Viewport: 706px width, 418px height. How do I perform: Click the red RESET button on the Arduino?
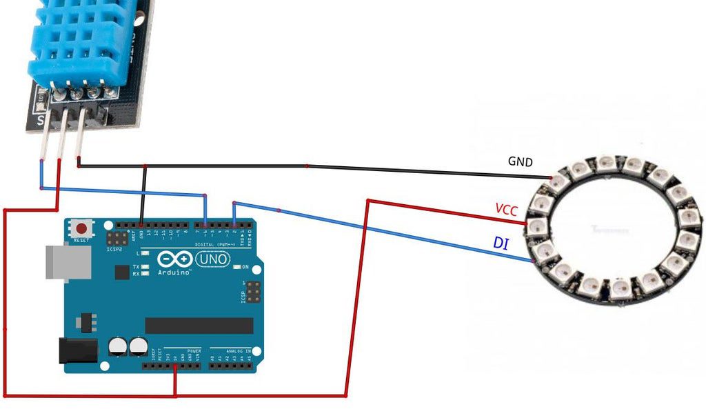point(83,228)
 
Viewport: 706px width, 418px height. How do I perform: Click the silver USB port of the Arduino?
point(68,262)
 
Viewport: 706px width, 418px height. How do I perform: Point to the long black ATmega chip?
point(199,326)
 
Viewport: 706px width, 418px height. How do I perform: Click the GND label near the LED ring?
point(520,161)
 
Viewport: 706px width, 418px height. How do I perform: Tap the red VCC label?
point(506,210)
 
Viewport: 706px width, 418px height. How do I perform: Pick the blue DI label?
point(501,242)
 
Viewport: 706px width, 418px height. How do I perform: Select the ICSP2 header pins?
point(116,238)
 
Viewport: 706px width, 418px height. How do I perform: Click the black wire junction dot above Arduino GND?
point(144,166)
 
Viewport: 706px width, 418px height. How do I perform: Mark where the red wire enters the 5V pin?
point(175,366)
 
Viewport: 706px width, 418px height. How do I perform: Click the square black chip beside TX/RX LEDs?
point(122,273)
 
